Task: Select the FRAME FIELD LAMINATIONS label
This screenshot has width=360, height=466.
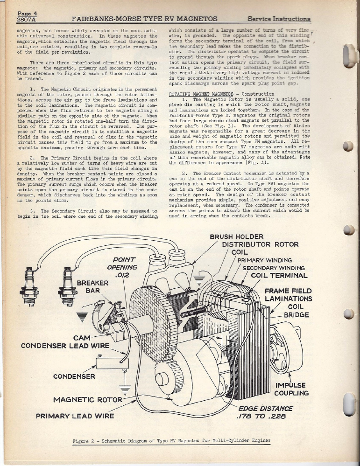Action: tap(288, 295)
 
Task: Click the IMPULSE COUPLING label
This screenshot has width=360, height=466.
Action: tap(292, 389)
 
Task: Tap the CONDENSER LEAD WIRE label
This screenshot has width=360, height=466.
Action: tap(65, 346)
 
